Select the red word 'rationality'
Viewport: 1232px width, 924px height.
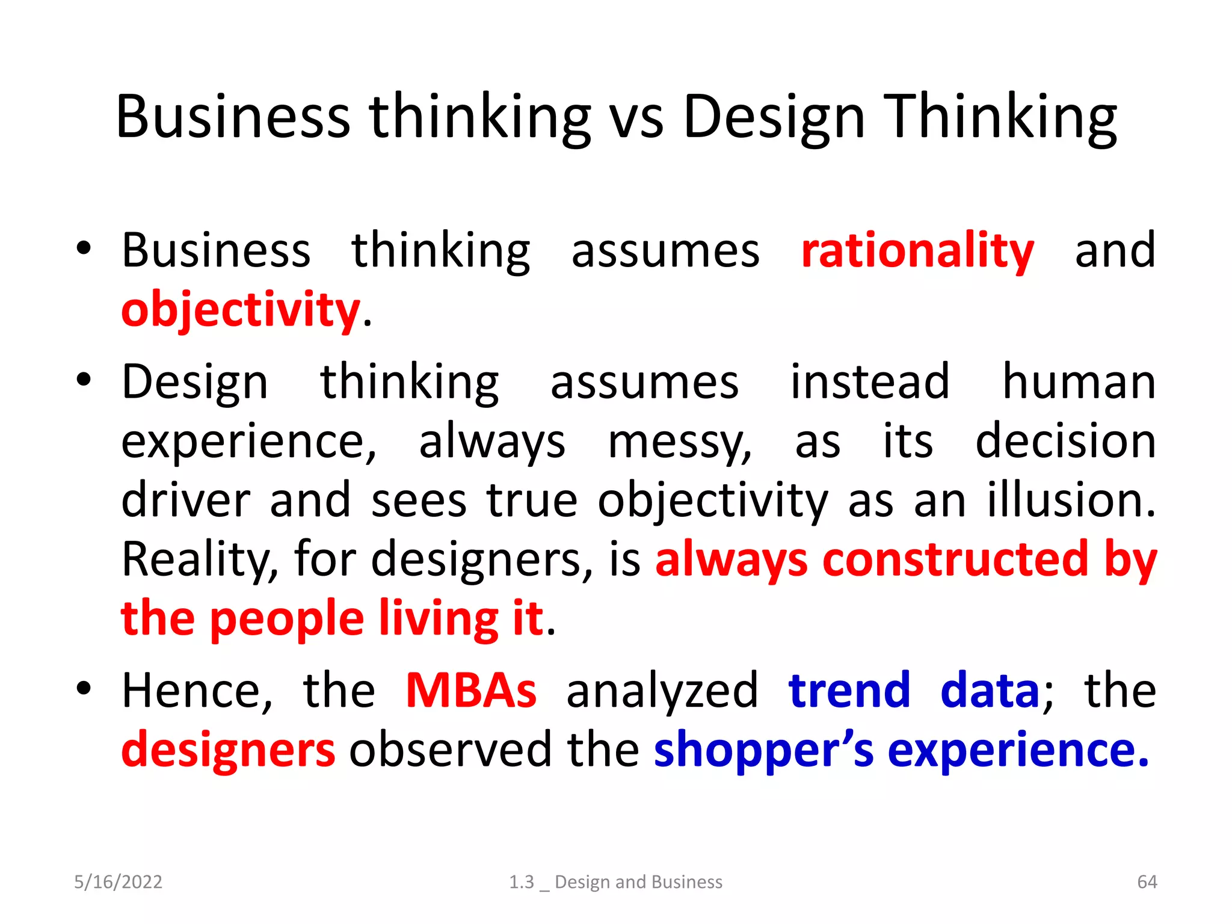pyautogui.click(x=917, y=251)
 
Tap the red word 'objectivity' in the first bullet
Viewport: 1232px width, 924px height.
pyautogui.click(x=241, y=310)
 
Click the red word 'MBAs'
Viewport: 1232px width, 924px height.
pyautogui.click(x=471, y=691)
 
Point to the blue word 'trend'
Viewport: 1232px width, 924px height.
pyautogui.click(x=849, y=691)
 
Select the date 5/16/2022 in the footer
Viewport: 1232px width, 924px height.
pyautogui.click(x=118, y=882)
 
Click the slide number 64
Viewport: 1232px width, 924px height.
pyautogui.click(x=1147, y=882)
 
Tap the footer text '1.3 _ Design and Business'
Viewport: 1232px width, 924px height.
pyautogui.click(x=615, y=882)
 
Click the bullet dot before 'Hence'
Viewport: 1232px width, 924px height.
pyautogui.click(x=84, y=688)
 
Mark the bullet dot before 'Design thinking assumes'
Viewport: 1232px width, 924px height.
pyautogui.click(x=84, y=380)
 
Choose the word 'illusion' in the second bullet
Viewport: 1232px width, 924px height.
pyautogui.click(x=1070, y=500)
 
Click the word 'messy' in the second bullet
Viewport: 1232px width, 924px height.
pyautogui.click(x=679, y=443)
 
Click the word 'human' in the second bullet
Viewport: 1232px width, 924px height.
pyautogui.click(x=1079, y=382)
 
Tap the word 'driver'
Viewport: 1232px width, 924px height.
pyautogui.click(x=185, y=500)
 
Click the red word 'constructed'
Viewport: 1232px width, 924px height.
pyautogui.click(x=955, y=559)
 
